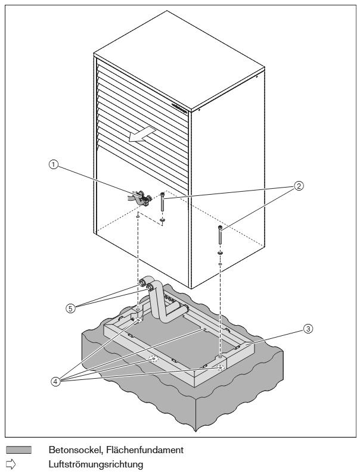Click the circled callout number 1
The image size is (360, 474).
point(54,164)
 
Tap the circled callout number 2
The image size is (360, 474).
point(299,186)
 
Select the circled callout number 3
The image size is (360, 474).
point(308,329)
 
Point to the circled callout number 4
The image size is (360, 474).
point(55,382)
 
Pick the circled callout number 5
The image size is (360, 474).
point(70,308)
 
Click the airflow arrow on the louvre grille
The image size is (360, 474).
point(142,134)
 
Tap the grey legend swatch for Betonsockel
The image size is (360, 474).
point(18,450)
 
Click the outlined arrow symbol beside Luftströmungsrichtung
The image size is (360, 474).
point(11,464)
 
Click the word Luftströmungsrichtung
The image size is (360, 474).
point(96,464)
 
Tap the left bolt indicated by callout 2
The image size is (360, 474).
point(163,202)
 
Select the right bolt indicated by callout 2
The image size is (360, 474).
point(220,235)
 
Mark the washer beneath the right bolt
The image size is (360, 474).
point(220,252)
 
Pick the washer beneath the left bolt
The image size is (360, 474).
point(163,220)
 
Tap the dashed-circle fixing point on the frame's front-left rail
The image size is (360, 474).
point(154,359)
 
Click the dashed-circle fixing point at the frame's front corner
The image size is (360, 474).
point(221,367)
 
